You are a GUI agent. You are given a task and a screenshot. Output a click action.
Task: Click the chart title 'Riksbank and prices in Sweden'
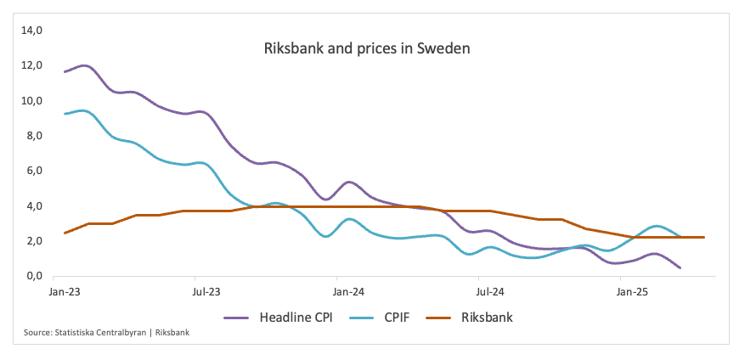point(367,48)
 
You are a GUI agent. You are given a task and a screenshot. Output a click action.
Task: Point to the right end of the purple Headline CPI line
point(680,267)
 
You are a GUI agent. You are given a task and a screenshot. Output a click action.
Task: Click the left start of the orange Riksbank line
point(65,233)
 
